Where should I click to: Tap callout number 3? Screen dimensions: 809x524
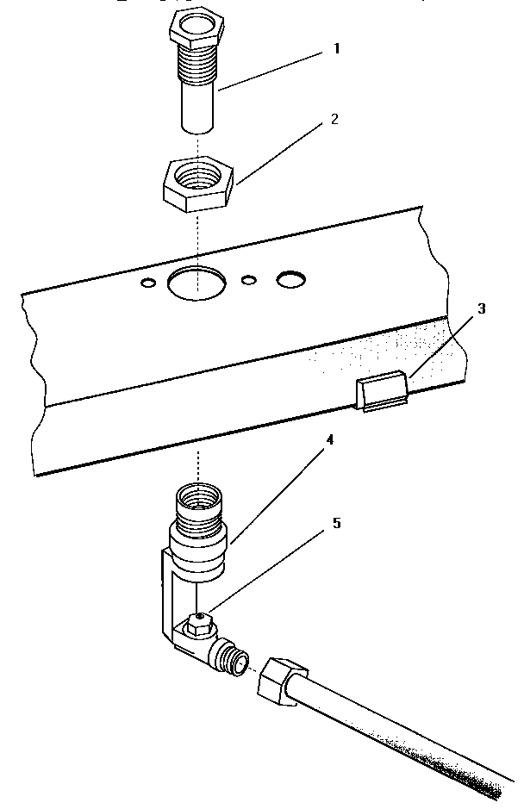[x=482, y=309]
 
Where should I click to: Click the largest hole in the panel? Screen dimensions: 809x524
[x=196, y=283]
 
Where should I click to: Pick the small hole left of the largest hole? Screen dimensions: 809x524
[x=149, y=283]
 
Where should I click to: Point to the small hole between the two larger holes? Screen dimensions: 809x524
[x=249, y=280]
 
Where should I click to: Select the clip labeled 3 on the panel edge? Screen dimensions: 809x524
[x=381, y=391]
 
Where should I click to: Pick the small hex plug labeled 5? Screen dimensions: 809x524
[x=199, y=623]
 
